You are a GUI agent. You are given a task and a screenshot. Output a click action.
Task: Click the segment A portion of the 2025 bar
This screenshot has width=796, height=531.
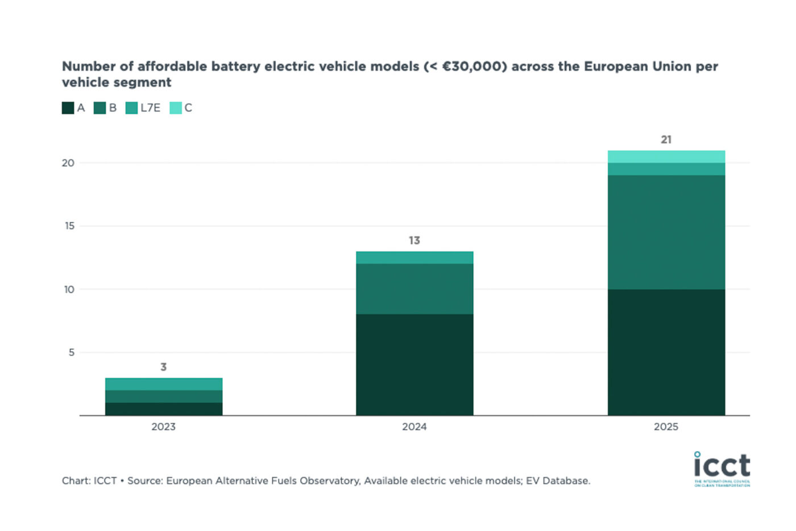666,352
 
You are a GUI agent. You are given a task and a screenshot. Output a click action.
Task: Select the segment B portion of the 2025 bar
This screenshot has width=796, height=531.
666,232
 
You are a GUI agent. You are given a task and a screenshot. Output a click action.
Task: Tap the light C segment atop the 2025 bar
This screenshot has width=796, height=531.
666,157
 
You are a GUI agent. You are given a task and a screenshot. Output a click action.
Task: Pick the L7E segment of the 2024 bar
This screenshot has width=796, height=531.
414,258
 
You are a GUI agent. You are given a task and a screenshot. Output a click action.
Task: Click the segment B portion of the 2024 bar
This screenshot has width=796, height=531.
414,289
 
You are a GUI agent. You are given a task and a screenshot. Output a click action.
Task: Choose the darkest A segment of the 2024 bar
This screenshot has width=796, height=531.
414,365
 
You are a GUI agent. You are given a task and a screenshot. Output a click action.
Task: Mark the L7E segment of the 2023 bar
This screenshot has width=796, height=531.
164,384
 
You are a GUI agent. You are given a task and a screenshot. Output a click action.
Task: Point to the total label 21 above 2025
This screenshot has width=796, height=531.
666,139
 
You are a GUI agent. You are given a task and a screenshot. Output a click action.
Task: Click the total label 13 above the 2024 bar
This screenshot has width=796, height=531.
414,241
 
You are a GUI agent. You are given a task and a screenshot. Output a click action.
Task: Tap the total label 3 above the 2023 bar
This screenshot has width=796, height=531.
164,367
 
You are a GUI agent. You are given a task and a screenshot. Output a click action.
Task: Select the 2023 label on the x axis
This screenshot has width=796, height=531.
164,427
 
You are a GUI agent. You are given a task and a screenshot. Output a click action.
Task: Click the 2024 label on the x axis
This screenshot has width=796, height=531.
414,427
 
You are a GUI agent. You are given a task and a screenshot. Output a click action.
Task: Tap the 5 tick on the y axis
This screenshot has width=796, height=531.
72,352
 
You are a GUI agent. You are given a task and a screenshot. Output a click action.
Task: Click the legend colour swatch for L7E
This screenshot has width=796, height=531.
131,108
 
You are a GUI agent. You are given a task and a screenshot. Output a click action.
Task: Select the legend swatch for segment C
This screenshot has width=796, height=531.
176,108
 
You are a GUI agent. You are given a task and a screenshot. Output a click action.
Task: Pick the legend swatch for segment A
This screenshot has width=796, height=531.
68,108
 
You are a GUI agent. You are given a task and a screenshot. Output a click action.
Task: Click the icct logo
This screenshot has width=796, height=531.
722,468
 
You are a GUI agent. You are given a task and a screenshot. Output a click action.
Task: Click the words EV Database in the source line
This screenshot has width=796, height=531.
557,481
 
